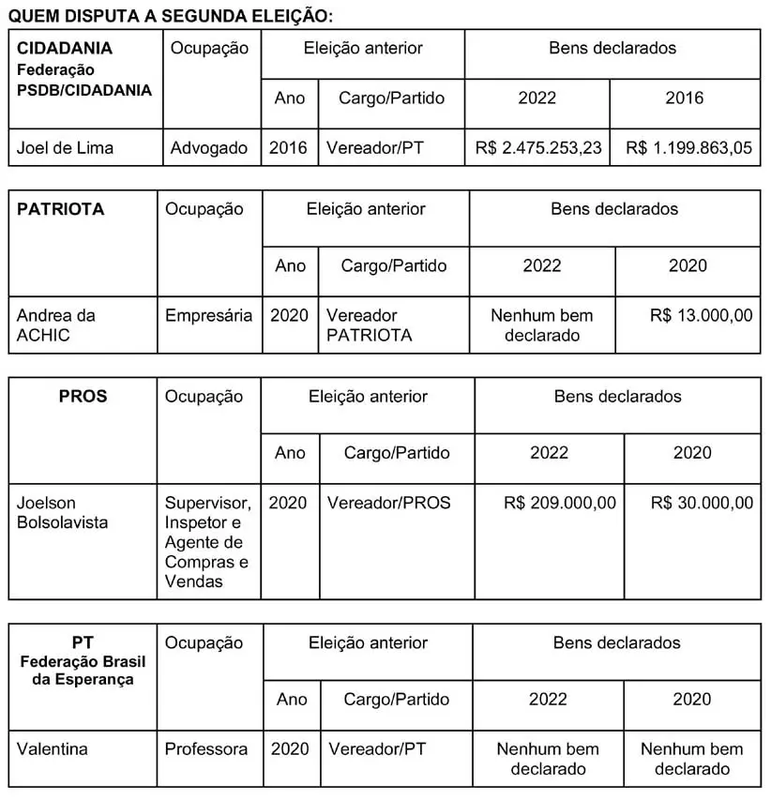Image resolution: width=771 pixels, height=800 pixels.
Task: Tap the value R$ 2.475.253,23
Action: click(x=538, y=148)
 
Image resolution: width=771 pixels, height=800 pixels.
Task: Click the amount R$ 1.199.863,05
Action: click(x=688, y=148)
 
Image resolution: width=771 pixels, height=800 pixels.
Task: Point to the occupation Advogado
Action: click(x=209, y=148)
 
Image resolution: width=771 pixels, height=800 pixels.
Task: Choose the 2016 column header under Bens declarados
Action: click(x=685, y=98)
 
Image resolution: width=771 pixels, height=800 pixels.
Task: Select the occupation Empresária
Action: click(x=209, y=316)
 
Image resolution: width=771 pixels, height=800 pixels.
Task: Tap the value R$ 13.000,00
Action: click(x=701, y=316)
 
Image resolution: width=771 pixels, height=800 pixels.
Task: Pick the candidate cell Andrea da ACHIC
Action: click(x=56, y=325)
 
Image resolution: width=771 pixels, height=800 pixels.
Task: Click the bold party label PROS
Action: click(x=83, y=397)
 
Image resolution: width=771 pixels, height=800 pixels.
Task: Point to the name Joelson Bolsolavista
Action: click(x=62, y=513)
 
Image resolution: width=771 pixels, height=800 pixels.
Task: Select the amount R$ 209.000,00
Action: click(x=560, y=504)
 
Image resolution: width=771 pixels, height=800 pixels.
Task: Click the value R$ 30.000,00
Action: click(x=702, y=504)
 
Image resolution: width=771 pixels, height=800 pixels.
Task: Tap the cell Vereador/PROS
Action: click(x=388, y=504)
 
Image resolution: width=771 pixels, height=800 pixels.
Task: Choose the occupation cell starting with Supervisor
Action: click(x=207, y=542)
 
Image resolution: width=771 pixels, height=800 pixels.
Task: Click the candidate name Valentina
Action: click(x=53, y=749)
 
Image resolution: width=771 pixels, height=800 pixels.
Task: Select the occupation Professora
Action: click(x=206, y=749)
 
